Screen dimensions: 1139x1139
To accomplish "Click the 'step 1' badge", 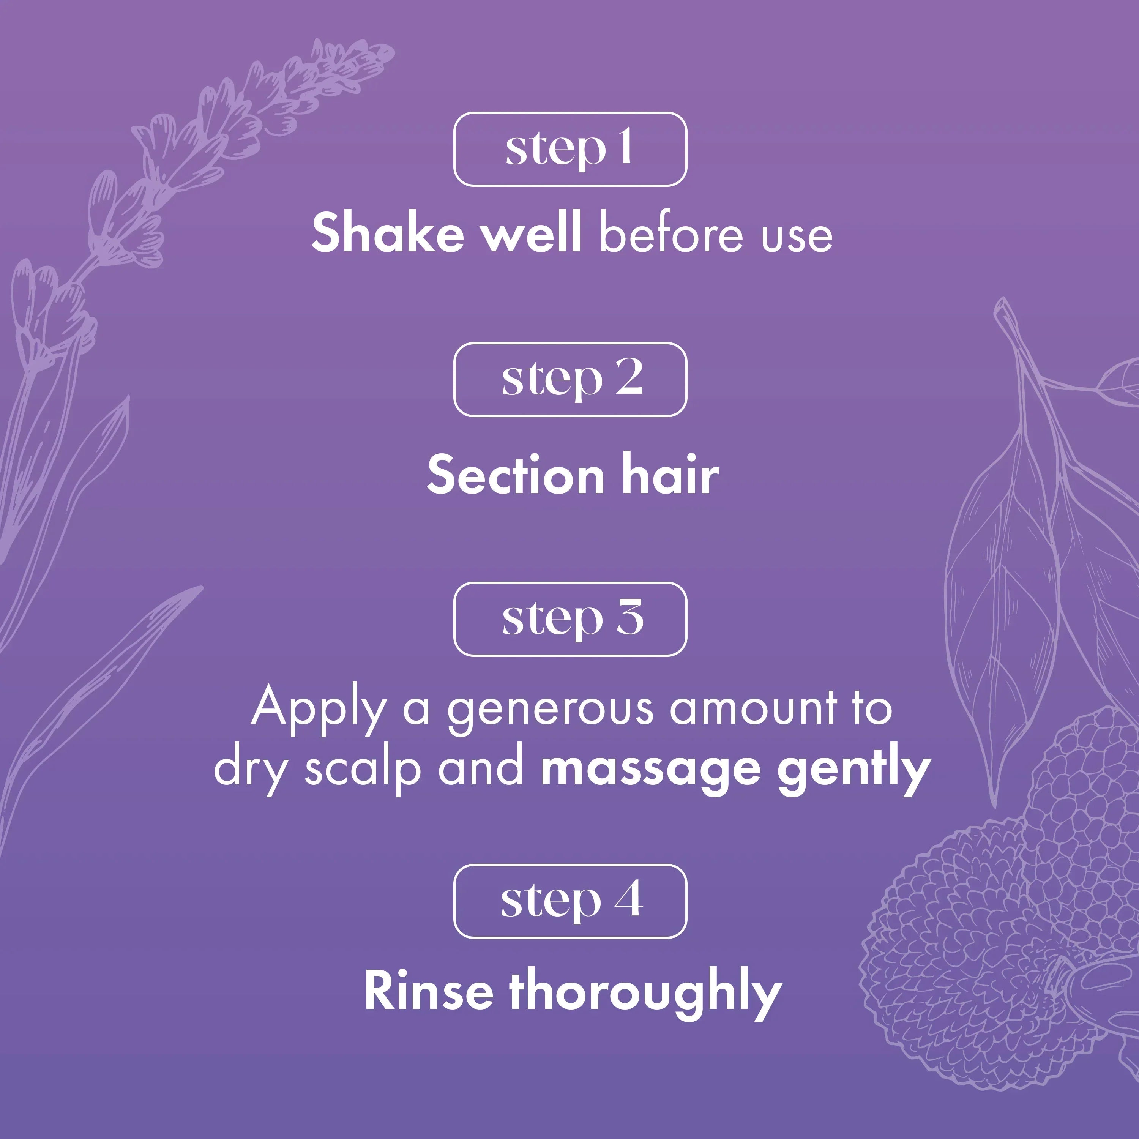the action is (570, 149).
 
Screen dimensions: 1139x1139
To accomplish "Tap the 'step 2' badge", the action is (570, 380).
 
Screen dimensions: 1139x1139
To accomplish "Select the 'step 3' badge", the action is (570, 619).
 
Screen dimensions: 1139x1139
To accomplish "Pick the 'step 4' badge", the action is (570, 901).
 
